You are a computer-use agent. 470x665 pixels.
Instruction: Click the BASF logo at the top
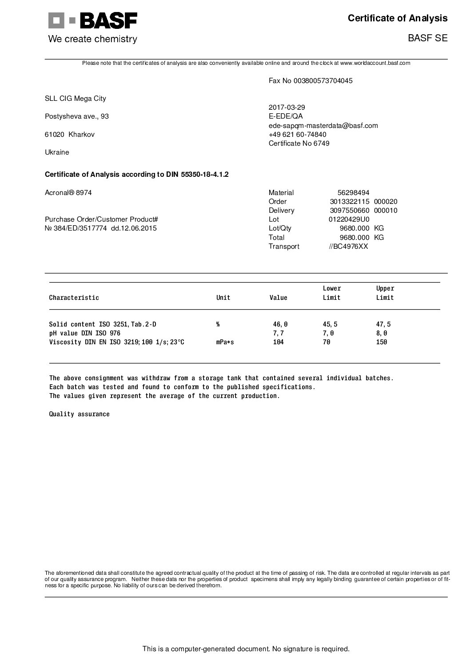(92, 20)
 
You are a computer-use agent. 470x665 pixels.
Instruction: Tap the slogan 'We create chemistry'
(92, 39)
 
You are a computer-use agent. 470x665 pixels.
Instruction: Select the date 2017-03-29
(287, 108)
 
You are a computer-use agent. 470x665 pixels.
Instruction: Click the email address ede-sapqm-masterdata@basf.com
(323, 126)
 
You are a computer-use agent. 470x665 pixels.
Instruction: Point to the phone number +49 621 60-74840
(298, 135)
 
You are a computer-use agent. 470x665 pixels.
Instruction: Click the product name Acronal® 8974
(68, 193)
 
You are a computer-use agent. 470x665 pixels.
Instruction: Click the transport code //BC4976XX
(348, 247)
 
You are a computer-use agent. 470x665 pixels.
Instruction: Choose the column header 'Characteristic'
(74, 298)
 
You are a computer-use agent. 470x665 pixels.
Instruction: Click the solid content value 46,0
(280, 325)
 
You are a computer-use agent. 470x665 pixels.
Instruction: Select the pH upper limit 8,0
(382, 333)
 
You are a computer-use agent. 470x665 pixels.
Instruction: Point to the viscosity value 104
(278, 342)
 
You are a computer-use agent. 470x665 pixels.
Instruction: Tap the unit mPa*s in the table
(225, 342)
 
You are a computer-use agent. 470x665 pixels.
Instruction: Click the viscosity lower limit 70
(327, 342)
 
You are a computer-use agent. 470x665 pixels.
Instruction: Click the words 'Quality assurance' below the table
(79, 414)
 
